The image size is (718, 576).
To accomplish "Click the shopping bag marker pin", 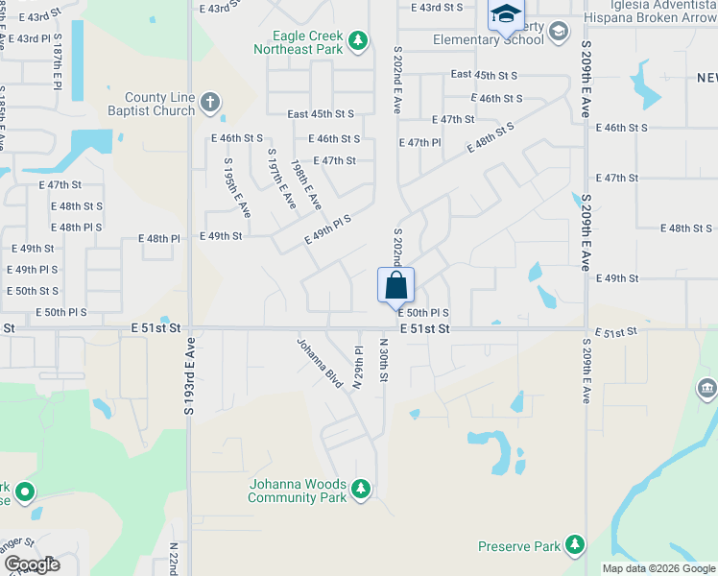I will [x=395, y=286].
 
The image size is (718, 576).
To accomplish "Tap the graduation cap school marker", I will [x=505, y=16].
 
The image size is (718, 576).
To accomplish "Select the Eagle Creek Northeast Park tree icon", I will [x=358, y=40].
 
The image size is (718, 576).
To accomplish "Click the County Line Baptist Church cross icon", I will [x=210, y=101].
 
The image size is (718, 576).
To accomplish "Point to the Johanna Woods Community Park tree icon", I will [x=361, y=490].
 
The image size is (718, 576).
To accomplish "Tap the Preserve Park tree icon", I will [x=574, y=545].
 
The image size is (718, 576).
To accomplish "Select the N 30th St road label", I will [x=383, y=360].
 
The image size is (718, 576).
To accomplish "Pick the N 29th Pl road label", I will [x=357, y=367].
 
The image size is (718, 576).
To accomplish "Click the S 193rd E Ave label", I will [x=189, y=375].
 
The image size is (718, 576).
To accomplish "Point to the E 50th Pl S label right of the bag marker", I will [x=423, y=313].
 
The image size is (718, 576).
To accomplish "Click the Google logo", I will [x=31, y=564].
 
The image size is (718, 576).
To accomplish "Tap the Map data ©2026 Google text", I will [x=658, y=568].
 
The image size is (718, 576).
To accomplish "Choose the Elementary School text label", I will [x=488, y=40].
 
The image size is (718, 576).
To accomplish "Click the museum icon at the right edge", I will [x=707, y=389].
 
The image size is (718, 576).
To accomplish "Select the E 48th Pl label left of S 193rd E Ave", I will [x=159, y=238].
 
